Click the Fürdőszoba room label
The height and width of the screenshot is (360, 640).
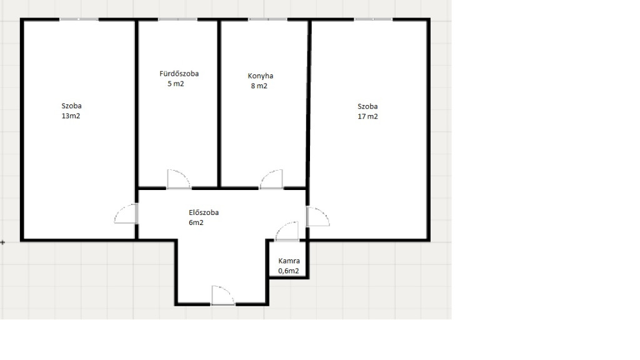click(179, 74)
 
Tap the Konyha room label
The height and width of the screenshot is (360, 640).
click(261, 76)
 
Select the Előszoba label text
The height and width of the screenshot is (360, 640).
click(204, 212)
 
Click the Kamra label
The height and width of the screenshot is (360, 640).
click(289, 261)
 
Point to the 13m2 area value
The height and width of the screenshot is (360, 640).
click(71, 116)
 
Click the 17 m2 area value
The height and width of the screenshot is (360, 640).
click(367, 116)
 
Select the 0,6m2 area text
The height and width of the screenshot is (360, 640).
click(289, 271)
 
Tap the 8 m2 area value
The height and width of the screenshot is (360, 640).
click(259, 86)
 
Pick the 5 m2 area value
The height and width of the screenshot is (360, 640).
click(176, 84)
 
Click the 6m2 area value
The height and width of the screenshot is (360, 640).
click(196, 223)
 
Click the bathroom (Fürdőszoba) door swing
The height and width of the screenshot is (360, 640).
click(179, 179)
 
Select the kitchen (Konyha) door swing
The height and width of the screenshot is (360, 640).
click(271, 179)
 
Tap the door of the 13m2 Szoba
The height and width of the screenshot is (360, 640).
click(126, 214)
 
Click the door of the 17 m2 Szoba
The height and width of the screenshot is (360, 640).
click(318, 217)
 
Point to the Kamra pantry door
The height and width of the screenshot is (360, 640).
click(287, 231)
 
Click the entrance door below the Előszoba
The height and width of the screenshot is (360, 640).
click(223, 296)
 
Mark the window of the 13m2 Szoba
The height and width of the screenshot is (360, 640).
click(79, 19)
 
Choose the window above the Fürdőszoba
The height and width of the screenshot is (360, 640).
click(177, 19)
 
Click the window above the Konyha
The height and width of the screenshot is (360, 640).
click(267, 19)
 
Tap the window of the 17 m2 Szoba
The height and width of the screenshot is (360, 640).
click(374, 19)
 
